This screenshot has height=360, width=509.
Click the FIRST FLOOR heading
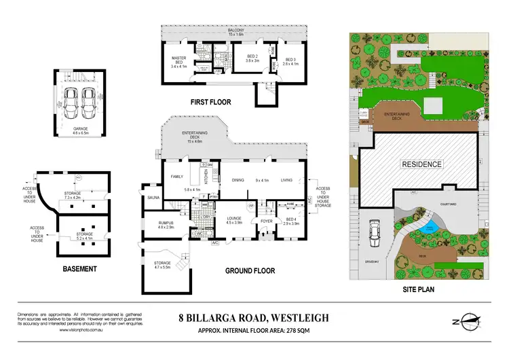click(210, 103)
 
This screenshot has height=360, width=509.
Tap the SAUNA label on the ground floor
click(152, 198)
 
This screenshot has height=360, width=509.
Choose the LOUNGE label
click(234, 219)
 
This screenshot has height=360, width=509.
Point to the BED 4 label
click(293, 219)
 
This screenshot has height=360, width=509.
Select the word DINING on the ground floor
click(238, 180)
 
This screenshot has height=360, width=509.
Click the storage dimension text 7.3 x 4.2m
click(73, 197)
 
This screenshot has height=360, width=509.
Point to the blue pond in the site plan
click(426, 230)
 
